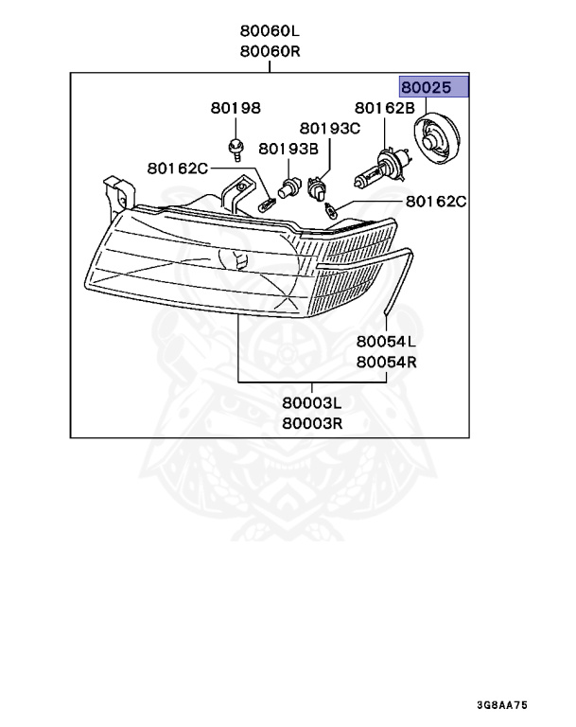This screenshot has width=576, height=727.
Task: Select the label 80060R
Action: (270, 51)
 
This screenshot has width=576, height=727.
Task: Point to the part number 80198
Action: (235, 109)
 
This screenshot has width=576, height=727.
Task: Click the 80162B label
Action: (385, 109)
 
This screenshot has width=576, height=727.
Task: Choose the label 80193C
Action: (330, 128)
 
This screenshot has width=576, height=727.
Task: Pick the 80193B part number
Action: (288, 148)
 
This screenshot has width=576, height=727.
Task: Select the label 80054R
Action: (386, 361)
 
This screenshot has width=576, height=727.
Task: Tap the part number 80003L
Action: (311, 403)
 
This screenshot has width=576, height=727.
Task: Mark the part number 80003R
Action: (311, 424)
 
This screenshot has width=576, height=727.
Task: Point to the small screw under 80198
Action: (234, 146)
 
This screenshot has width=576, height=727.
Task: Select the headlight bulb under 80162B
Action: (382, 169)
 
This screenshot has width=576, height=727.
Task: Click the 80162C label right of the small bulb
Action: (436, 202)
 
